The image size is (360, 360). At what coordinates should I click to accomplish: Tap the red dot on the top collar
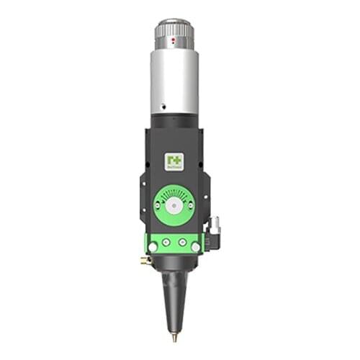(172, 42)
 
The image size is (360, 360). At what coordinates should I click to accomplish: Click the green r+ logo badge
(174, 162)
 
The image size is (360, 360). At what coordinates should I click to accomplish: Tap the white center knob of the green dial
(173, 205)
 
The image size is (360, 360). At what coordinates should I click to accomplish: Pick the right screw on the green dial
(190, 205)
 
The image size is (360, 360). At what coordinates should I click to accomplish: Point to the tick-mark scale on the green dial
(173, 192)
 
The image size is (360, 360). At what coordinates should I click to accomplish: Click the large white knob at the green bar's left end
(152, 247)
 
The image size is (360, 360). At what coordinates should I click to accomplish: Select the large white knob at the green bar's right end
(196, 247)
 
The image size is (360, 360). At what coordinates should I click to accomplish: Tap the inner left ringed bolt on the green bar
(165, 243)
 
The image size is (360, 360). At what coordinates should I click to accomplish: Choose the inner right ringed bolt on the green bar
(182, 243)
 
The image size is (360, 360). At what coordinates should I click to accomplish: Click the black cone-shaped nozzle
(174, 295)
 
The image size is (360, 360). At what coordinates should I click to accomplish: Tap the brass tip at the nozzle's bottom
(174, 336)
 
